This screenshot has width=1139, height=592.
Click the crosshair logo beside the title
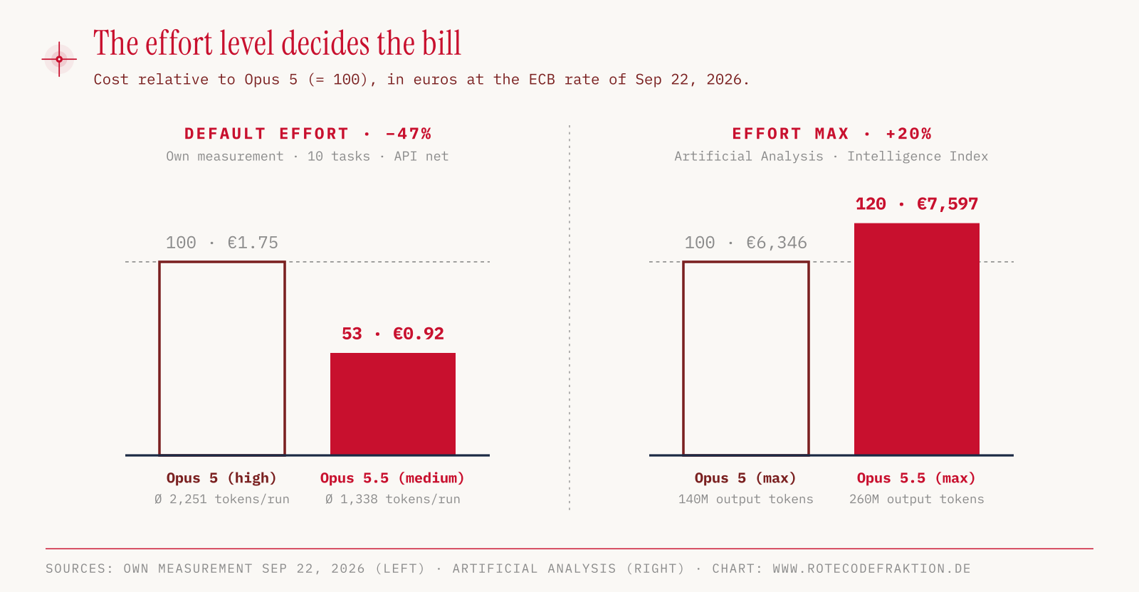tap(60, 60)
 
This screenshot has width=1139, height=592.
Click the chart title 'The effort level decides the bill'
tap(277, 43)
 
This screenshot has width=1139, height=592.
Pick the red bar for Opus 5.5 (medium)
tap(393, 404)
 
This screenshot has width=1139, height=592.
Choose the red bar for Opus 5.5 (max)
tap(917, 339)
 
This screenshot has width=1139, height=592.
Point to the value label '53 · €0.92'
tap(393, 334)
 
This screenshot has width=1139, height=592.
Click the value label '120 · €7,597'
tap(917, 204)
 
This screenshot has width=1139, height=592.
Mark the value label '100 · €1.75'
tap(221, 243)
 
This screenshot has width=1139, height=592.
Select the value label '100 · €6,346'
tap(745, 243)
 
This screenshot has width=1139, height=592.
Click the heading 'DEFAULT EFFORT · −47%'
tap(308, 134)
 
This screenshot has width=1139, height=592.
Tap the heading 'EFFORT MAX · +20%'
tap(831, 134)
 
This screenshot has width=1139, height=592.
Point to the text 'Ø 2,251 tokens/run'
tap(221, 499)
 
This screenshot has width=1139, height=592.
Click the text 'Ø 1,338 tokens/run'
tap(393, 499)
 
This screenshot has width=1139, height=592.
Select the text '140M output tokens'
tap(746, 499)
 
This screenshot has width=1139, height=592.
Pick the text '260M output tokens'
tap(917, 499)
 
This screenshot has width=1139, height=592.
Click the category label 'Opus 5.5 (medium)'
tap(392, 478)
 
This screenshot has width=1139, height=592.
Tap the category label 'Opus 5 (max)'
tap(745, 478)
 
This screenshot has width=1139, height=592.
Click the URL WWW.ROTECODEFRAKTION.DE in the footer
tap(871, 568)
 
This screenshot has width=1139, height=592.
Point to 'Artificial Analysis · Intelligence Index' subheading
tap(831, 156)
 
